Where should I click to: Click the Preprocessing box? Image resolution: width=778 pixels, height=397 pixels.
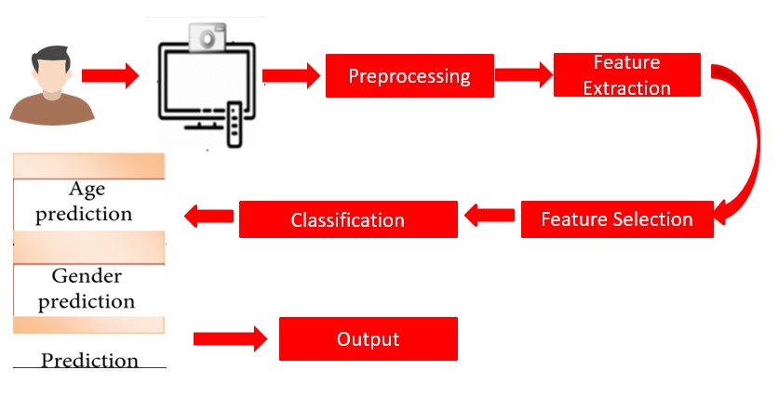point(409,75)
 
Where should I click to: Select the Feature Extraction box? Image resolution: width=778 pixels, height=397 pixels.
point(626,75)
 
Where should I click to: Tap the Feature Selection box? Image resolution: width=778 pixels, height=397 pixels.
point(616,219)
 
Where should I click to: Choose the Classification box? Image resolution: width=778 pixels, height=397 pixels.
point(348,220)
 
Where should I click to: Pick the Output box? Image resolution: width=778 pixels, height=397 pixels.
point(368,339)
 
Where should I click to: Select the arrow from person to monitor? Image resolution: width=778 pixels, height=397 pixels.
point(110,75)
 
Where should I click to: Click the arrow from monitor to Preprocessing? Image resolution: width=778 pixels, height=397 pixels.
point(291,75)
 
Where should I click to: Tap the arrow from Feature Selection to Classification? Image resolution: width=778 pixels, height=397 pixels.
point(489,218)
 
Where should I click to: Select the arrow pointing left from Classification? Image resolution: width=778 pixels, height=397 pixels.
point(208,217)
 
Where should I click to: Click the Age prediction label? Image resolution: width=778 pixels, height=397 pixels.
point(87,202)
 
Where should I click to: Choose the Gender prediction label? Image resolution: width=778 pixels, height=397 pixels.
point(87,289)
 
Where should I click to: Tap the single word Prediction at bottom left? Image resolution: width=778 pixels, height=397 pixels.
point(89,360)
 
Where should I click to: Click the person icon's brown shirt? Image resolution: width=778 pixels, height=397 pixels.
point(52,109)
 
